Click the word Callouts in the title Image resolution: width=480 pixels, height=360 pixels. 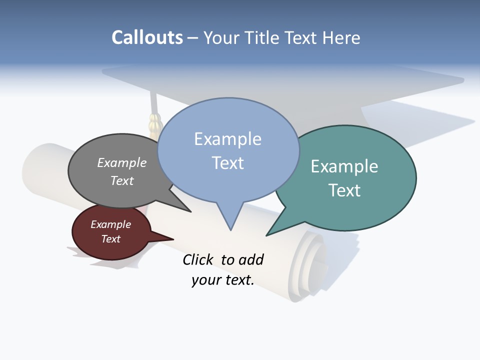(x=147, y=38)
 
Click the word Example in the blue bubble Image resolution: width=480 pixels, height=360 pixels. (x=227, y=139)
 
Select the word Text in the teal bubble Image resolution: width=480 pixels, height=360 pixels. (x=344, y=190)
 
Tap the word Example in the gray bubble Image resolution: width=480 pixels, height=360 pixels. (x=122, y=163)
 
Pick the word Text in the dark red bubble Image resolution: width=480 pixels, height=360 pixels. (x=111, y=239)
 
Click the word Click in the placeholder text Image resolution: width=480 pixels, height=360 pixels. (x=197, y=259)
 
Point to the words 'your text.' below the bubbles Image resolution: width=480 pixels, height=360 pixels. (x=223, y=280)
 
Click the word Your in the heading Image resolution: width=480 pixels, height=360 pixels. (x=223, y=38)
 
